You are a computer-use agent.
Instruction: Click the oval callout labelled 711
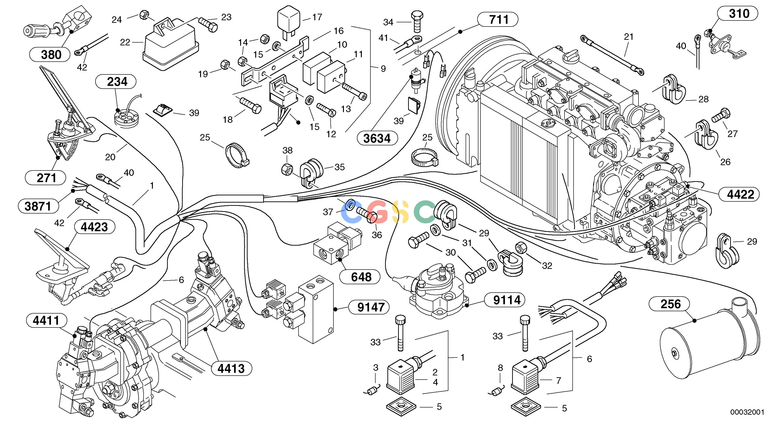(498, 20)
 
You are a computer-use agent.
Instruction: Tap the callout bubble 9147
(369, 307)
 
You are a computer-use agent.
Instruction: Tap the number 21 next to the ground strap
(629, 37)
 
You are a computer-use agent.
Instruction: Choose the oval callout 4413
(231, 368)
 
